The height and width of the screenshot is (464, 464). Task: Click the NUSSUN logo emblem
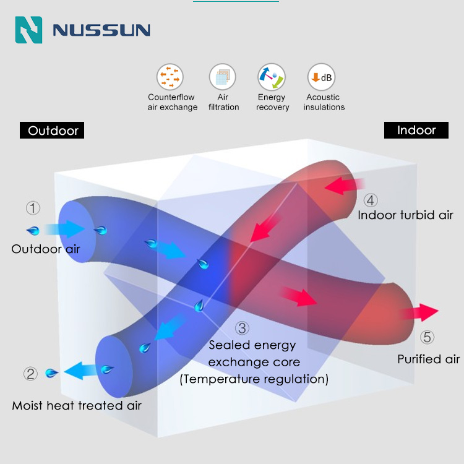point(28,30)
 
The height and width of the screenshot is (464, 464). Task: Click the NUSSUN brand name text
point(101,30)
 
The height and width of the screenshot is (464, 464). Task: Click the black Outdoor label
point(53,131)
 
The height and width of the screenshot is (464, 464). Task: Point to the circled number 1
point(33,208)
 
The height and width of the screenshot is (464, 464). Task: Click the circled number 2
point(31,374)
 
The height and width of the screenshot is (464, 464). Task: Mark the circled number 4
point(370,200)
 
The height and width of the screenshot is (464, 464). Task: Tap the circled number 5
point(427,338)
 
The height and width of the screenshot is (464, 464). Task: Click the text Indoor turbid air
point(405,215)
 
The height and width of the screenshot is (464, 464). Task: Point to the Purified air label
point(428,359)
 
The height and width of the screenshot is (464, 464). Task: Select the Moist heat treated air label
point(77,406)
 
